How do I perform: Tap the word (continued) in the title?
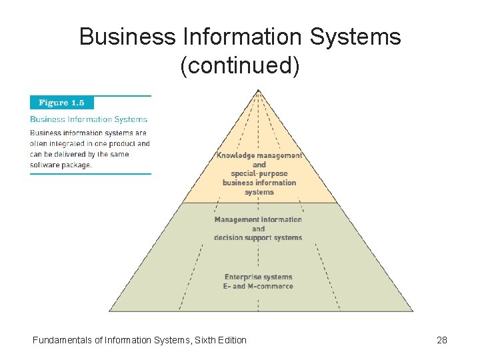tap(240, 65)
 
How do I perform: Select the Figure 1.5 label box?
tap(62, 103)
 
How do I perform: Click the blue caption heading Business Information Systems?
tap(89, 119)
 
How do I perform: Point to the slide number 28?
tap(441, 340)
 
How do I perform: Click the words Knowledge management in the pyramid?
tap(259, 155)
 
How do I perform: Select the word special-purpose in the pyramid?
tap(260, 173)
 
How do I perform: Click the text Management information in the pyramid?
tap(258, 219)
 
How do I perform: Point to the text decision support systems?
tap(258, 237)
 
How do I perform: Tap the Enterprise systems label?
tap(258, 277)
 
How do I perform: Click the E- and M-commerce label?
tap(258, 286)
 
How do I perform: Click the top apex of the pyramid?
tap(259, 91)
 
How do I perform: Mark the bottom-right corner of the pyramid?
tap(413, 311)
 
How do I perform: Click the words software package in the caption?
tap(61, 165)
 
